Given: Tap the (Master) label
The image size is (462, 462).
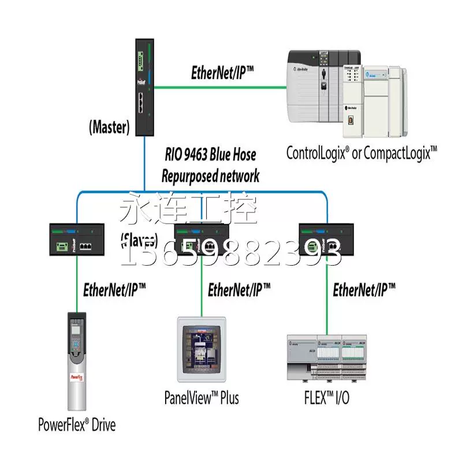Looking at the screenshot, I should (108, 127).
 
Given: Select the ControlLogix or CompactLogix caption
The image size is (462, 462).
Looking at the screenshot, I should (362, 152).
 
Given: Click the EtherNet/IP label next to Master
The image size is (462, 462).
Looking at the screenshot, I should (222, 73).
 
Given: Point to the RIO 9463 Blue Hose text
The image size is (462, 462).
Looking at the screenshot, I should (209, 155).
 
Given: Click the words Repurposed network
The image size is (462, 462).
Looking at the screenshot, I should (211, 176).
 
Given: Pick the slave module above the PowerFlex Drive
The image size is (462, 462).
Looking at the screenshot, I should (77, 239).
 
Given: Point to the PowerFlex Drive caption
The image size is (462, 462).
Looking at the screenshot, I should (77, 426).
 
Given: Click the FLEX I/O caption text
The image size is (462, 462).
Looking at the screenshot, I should (327, 397).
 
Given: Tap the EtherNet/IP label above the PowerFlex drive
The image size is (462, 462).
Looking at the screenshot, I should (114, 289).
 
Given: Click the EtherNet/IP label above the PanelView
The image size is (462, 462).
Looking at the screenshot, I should (239, 289).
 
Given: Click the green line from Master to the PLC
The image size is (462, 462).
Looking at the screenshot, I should (219, 88).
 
